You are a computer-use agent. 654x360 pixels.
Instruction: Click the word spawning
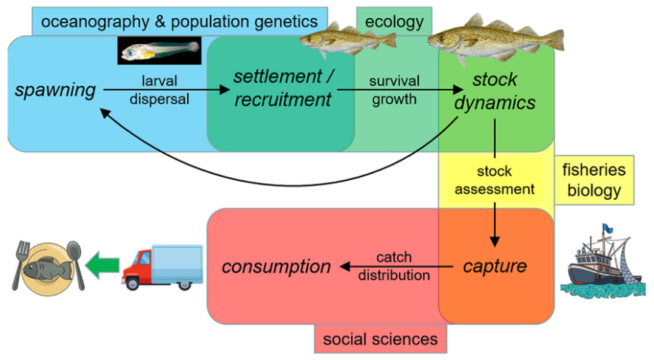[x=55, y=90]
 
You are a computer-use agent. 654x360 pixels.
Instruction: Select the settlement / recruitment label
[x=283, y=88]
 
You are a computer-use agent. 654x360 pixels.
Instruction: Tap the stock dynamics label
[x=495, y=90]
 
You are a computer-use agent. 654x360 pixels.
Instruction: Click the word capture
[x=494, y=266]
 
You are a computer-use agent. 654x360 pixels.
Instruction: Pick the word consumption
[x=276, y=267]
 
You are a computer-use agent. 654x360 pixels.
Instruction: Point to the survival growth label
[x=395, y=90]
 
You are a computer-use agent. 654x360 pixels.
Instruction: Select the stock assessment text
[x=494, y=180]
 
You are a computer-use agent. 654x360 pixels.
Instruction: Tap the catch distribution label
[x=394, y=266]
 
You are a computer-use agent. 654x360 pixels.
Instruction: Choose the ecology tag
[x=394, y=22]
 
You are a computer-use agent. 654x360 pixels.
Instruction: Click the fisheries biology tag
[x=594, y=180]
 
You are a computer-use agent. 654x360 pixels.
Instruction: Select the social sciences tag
[x=380, y=339]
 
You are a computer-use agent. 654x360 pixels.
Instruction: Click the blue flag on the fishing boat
[x=607, y=229]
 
